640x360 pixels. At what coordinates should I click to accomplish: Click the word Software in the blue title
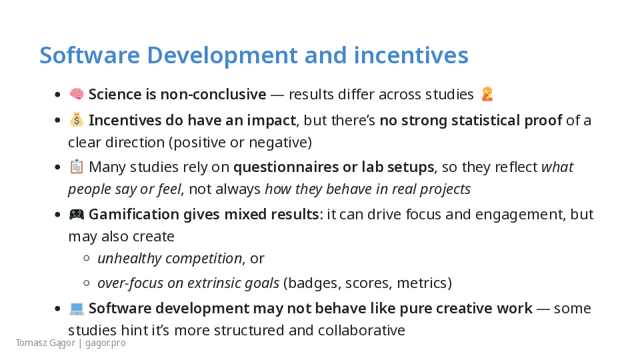pos(90,55)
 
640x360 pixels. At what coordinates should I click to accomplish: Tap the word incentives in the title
pos(411,55)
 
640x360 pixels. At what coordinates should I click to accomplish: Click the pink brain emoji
pos(76,94)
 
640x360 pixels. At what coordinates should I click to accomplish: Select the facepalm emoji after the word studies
pos(487,94)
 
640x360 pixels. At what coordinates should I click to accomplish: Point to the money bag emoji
pos(76,120)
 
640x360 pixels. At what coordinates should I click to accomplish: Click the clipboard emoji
pos(76,167)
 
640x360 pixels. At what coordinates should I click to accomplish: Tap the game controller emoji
pos(76,214)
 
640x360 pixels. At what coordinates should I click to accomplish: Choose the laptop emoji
pos(76,309)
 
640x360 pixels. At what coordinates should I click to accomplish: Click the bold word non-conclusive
pos(213,94)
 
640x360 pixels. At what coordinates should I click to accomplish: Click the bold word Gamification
pos(133,214)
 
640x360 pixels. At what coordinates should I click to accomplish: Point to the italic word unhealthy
pos(129,259)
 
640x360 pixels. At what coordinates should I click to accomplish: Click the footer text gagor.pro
pos(105,343)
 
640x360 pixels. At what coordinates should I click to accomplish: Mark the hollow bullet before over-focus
pos(86,283)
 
